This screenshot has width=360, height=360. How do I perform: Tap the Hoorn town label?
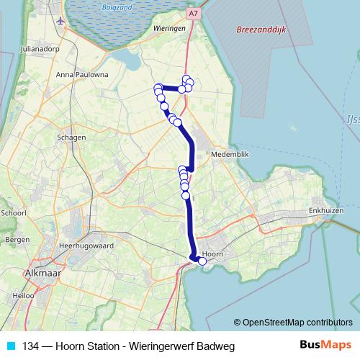212,254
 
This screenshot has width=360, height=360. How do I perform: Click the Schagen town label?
73,138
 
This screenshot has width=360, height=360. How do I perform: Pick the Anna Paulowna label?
82,74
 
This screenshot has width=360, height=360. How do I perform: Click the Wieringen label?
170,28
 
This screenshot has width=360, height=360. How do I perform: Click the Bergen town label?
17,239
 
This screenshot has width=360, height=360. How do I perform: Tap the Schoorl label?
14,213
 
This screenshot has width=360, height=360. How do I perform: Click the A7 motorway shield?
194,13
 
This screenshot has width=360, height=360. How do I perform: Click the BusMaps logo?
325,346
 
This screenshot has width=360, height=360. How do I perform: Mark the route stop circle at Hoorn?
202,261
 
